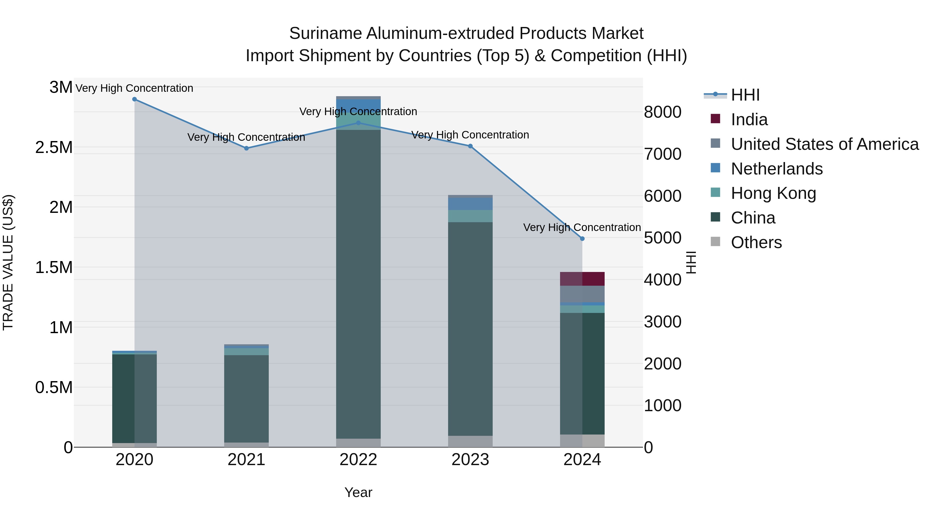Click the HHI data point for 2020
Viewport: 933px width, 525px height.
(x=134, y=99)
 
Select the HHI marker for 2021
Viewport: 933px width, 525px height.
(x=246, y=148)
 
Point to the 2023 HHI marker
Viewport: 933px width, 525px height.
(x=470, y=146)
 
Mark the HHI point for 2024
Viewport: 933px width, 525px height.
(x=582, y=239)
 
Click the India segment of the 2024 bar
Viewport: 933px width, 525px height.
(x=582, y=279)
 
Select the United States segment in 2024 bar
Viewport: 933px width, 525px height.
(x=582, y=294)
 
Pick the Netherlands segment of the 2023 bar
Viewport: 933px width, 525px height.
(x=470, y=204)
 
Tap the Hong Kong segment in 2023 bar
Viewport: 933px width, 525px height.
(x=470, y=216)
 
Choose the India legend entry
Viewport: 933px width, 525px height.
(x=749, y=120)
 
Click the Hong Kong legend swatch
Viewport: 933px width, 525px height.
(x=715, y=192)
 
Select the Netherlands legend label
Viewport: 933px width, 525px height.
(x=776, y=169)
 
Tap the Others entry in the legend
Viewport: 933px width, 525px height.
(x=756, y=242)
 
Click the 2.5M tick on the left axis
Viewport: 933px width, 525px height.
(x=54, y=148)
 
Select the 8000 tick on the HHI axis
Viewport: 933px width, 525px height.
(x=662, y=112)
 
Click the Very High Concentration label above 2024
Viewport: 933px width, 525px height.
(x=582, y=227)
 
